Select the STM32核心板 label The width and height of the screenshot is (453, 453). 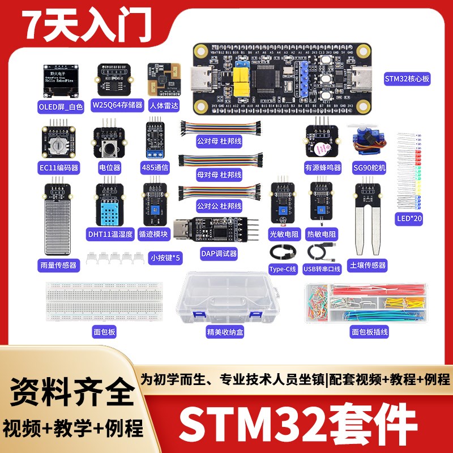click(407, 79)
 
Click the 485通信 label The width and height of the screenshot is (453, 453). click(155, 168)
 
